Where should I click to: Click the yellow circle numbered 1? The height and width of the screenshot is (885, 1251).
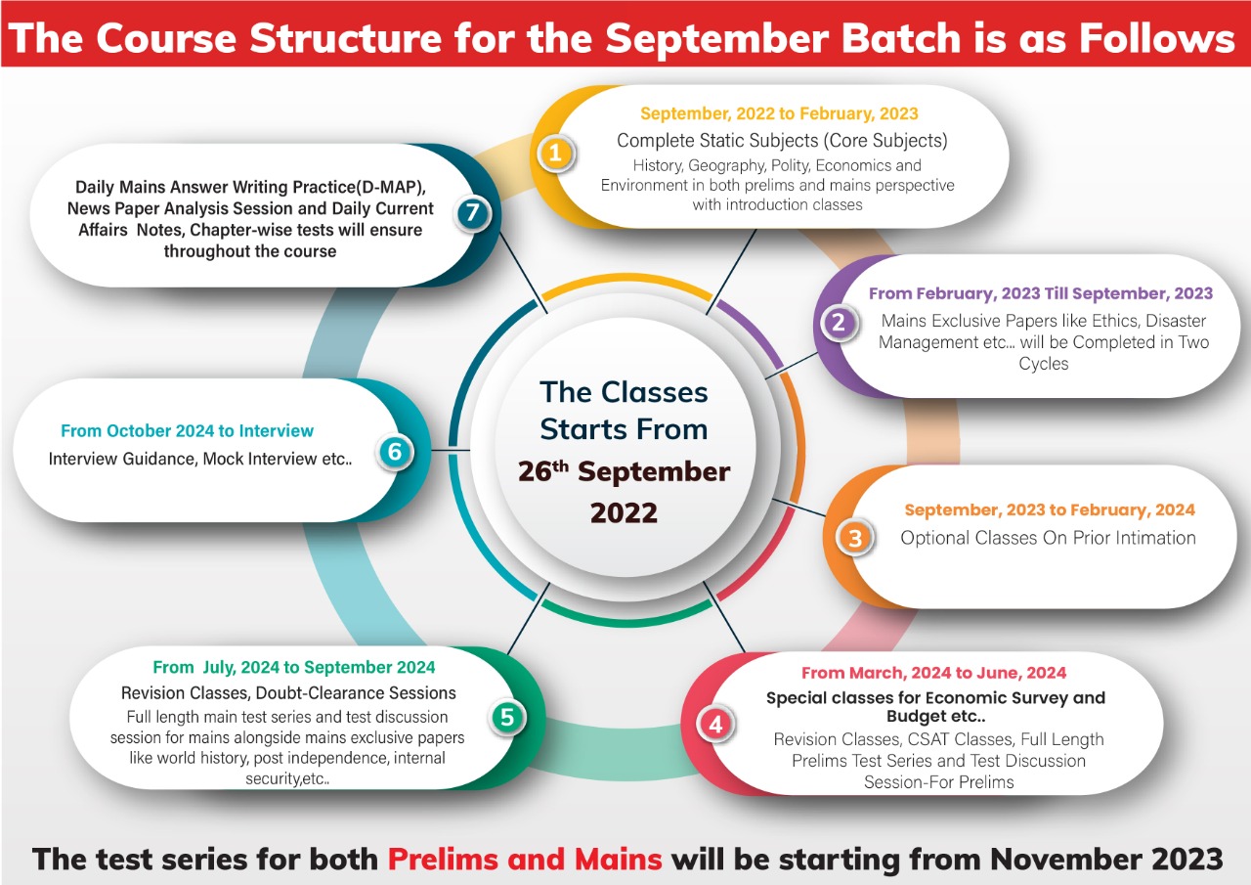click(x=555, y=154)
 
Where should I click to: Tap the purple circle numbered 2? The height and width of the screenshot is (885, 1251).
click(x=838, y=323)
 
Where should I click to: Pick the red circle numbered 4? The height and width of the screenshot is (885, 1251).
click(x=715, y=725)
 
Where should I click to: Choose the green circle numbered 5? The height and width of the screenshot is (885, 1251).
click(x=506, y=717)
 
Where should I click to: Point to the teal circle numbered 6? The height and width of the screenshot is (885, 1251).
click(x=395, y=452)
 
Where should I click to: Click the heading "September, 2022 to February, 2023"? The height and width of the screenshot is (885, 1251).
click(x=779, y=113)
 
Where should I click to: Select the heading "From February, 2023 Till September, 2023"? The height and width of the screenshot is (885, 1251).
click(x=1040, y=293)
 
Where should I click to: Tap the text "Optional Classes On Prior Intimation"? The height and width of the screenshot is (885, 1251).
click(x=1048, y=538)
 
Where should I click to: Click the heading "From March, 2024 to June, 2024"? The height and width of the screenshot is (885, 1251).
click(x=933, y=673)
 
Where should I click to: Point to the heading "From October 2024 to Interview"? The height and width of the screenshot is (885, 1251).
click(x=187, y=430)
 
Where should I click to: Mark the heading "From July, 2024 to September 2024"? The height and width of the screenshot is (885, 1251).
click(x=293, y=667)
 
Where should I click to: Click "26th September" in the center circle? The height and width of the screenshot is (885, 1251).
click(x=624, y=470)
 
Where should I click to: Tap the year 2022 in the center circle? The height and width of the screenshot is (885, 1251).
click(x=624, y=512)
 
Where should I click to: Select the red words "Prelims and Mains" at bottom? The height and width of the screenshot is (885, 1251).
click(x=525, y=859)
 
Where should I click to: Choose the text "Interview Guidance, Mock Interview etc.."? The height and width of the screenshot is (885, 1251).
click(x=200, y=458)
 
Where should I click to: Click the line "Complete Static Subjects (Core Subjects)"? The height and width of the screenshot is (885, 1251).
click(x=782, y=140)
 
